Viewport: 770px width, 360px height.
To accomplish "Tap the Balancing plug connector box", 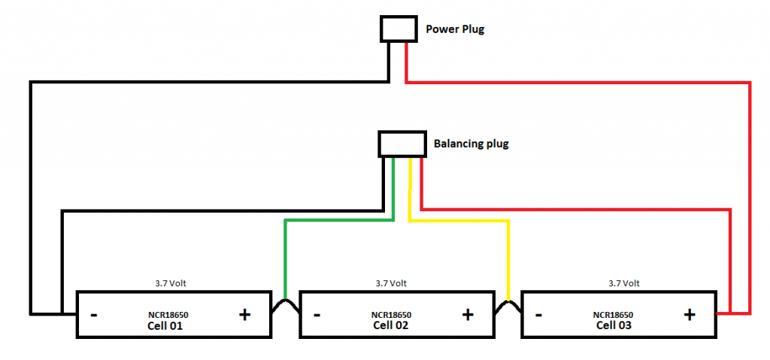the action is tap(402, 144).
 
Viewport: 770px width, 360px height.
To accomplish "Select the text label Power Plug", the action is tap(455, 29).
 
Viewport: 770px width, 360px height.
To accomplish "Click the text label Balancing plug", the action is tap(471, 144).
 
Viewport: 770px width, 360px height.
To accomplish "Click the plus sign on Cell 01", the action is tap(244, 314).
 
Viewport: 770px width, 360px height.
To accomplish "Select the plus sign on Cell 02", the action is tap(468, 314).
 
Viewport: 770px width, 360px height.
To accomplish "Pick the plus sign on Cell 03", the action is tap(690, 314).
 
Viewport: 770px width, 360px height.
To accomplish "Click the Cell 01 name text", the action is tap(165, 325).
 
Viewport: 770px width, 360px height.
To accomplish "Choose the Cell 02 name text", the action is tap(391, 325).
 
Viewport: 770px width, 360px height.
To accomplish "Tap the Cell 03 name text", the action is tap(614, 325).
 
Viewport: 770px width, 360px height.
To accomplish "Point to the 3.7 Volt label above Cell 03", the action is tap(624, 283).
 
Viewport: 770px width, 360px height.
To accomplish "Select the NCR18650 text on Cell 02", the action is tap(391, 315).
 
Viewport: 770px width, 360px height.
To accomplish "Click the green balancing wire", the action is tap(339, 220).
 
